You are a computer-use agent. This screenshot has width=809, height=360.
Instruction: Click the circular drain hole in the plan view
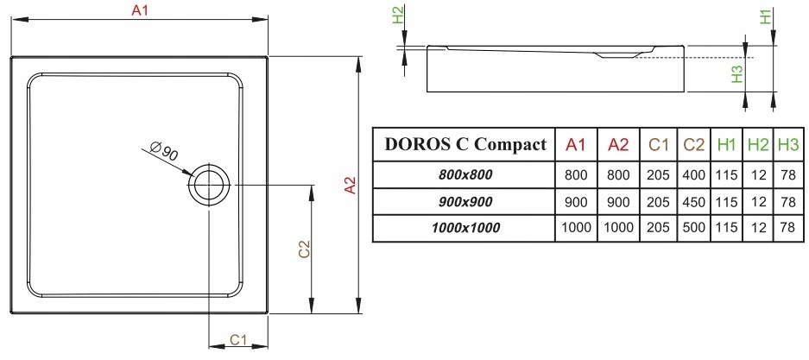[x=210, y=183]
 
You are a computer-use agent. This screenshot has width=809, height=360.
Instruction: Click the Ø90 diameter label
[x=163, y=154]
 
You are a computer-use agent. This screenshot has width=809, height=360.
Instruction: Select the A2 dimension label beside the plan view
[x=350, y=186]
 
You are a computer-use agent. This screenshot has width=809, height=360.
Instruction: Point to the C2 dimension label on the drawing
[x=304, y=249]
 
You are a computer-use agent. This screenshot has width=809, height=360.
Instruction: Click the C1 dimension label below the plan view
[x=239, y=338]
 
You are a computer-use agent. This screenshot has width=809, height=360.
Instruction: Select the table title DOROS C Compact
[x=465, y=144]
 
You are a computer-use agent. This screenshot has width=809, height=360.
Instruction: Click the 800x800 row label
[x=465, y=174]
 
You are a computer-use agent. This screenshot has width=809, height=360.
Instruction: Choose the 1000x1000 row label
[x=465, y=228]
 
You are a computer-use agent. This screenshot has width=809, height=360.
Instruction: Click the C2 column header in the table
[x=693, y=144]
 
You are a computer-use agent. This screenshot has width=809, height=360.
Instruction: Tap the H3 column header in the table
[x=787, y=144]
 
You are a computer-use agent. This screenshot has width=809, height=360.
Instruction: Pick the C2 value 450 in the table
[x=693, y=201]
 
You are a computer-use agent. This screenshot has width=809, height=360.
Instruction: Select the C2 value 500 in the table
[x=693, y=228]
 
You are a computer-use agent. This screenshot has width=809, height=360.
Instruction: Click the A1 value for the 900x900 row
[x=575, y=201]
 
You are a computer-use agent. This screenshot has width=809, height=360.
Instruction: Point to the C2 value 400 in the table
[x=693, y=174]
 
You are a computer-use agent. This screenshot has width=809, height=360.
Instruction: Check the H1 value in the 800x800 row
[x=726, y=174]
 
